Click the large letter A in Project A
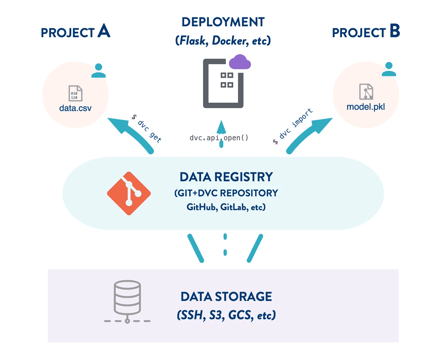[x=104, y=31]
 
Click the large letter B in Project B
[x=395, y=31]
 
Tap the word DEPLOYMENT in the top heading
[x=223, y=22]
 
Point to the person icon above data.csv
[x=98, y=71]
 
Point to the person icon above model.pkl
[x=389, y=69]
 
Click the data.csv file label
[x=75, y=108]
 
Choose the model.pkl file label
[x=366, y=107]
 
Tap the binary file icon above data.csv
[x=75, y=93]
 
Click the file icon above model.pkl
[x=366, y=92]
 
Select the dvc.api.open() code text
[x=219, y=138]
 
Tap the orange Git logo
[x=129, y=193]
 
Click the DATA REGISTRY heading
[x=226, y=177]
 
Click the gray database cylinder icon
[x=127, y=298]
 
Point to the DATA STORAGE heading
[x=226, y=297]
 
